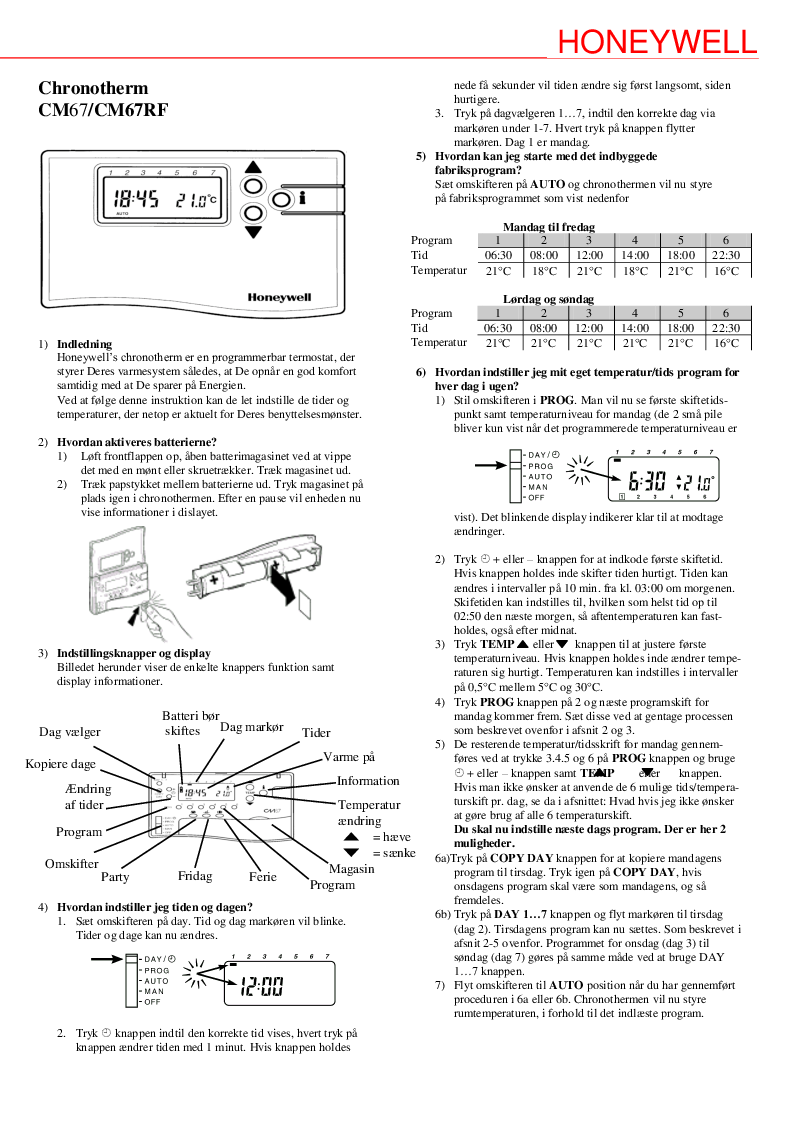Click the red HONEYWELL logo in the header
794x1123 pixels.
tap(656, 42)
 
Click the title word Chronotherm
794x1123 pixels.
tap(93, 89)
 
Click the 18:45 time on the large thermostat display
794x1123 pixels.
tap(136, 199)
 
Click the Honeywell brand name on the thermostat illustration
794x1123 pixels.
tap(279, 297)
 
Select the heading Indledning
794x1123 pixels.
tap(84, 344)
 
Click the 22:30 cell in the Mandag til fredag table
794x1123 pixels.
tap(725, 255)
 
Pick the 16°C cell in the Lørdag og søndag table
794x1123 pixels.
tap(725, 343)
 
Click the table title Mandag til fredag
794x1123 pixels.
tap(548, 227)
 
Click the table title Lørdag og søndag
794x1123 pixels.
tap(548, 299)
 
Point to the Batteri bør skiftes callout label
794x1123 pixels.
tap(190, 723)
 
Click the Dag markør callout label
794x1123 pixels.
tap(252, 726)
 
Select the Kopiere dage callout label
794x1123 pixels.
tap(61, 764)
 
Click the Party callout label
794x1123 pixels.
tap(115, 877)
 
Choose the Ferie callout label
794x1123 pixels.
tap(263, 876)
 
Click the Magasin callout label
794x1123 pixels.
tap(352, 869)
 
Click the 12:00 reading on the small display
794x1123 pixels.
tap(259, 987)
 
